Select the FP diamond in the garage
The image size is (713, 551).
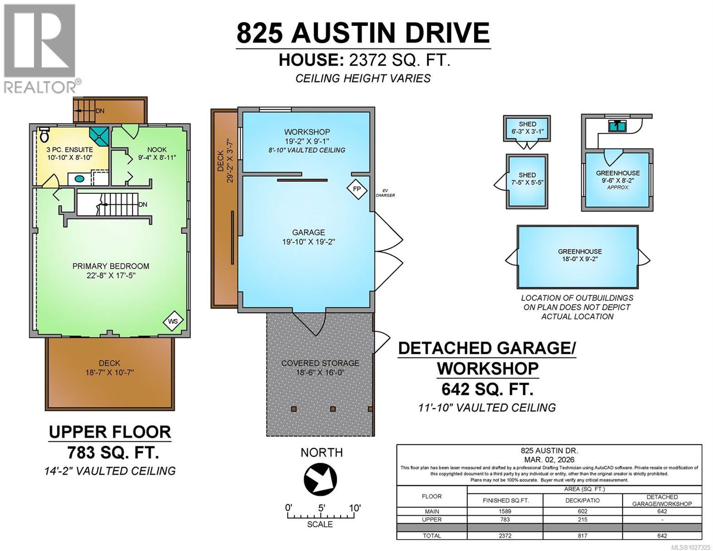point(356,188)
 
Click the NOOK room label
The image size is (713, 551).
point(157,150)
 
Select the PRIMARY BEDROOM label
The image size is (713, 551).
point(111,266)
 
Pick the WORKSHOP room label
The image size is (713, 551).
point(307,133)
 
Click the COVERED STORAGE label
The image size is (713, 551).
point(320,363)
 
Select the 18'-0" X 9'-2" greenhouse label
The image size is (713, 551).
point(579,255)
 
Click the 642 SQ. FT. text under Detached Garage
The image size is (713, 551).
point(487,389)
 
